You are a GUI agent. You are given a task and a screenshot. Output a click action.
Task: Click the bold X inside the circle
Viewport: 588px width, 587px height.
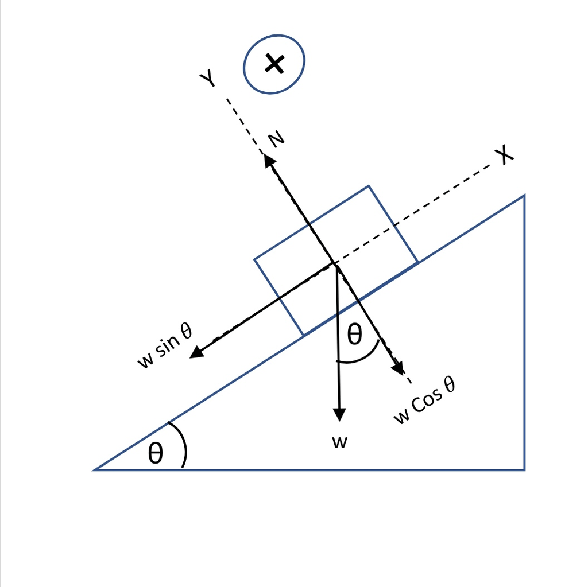tap(275, 63)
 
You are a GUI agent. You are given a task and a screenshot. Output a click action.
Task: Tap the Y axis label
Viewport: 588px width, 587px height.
tap(207, 77)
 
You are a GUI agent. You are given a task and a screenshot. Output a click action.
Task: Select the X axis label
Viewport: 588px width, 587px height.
tap(504, 154)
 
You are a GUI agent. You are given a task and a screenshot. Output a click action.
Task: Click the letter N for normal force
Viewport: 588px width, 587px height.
tap(276, 139)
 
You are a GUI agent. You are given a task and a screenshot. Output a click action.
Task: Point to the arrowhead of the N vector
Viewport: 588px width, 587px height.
tap(269, 160)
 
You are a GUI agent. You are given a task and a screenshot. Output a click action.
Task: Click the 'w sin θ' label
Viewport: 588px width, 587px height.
tap(165, 345)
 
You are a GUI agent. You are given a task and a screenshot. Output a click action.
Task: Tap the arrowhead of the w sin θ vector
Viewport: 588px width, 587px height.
tap(196, 353)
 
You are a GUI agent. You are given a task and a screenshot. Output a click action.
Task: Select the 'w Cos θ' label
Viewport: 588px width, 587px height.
tap(425, 401)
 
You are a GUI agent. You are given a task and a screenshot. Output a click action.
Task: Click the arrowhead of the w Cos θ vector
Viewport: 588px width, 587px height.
tap(399, 368)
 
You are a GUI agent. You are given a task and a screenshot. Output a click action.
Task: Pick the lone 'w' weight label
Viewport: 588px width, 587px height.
tap(340, 442)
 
